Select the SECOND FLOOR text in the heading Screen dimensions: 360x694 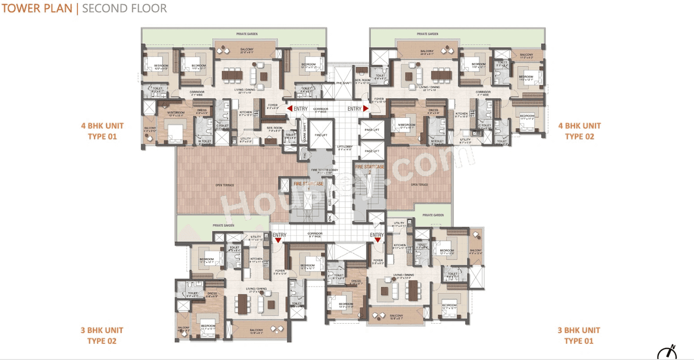(124, 9)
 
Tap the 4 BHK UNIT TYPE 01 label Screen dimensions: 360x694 (102, 131)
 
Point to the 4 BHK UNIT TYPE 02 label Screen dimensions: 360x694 (580, 131)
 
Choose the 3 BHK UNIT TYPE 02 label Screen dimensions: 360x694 (102, 336)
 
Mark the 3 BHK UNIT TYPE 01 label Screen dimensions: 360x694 (579, 336)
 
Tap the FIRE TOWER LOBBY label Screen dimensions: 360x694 (324, 171)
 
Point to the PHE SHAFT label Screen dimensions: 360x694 (344, 83)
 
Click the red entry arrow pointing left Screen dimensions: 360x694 (290, 108)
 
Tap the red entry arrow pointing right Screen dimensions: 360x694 (366, 108)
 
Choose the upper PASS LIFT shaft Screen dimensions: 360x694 (371, 130)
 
